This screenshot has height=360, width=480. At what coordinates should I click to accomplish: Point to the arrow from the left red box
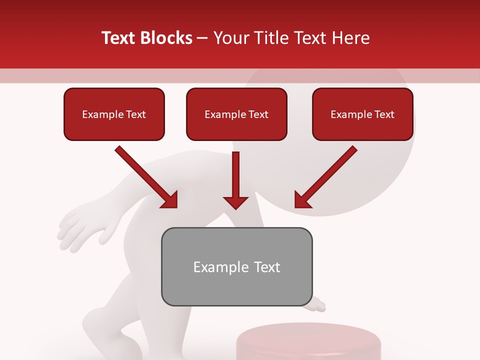[146, 177]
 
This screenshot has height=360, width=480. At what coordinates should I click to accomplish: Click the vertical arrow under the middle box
[235, 180]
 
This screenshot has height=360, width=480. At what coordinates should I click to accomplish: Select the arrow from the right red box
[325, 177]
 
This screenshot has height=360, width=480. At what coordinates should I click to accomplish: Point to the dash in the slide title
[202, 38]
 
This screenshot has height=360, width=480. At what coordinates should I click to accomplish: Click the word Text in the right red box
[384, 114]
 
